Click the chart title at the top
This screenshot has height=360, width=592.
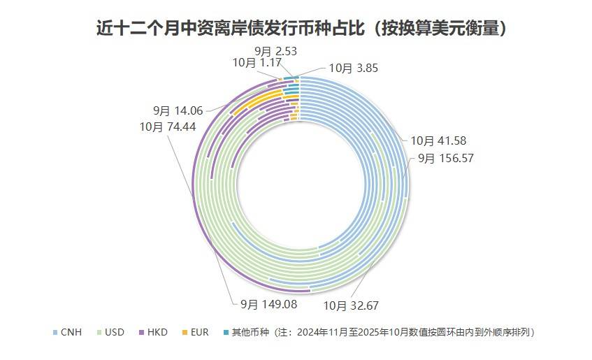click(301, 29)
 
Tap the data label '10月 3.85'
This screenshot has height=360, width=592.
click(353, 68)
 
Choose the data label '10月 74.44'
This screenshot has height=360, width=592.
click(167, 127)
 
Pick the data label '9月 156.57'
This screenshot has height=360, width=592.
click(446, 158)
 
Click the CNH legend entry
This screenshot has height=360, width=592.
click(71, 332)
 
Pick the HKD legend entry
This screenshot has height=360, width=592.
click(157, 332)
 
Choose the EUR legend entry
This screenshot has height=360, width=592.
click(198, 332)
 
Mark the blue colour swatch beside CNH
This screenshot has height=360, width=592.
click(56, 332)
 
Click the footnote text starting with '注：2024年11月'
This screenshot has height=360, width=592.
click(405, 332)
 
